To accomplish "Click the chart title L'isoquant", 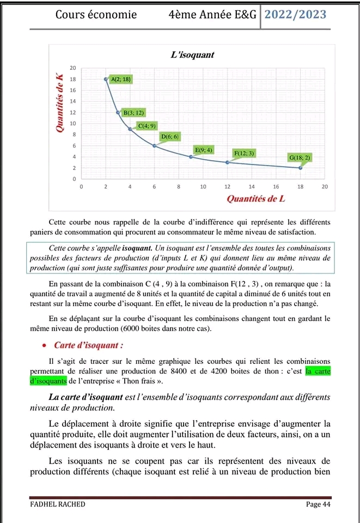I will click(192, 55).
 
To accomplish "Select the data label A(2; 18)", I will click(121, 79).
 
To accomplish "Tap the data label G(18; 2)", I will click(300, 157).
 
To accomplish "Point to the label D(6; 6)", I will click(170, 136).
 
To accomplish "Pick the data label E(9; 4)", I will click(204, 149).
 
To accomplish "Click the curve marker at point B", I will click(118, 113).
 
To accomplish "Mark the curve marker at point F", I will click(227, 162).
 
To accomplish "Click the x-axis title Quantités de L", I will click(255, 198).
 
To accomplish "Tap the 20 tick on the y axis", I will click(72, 68).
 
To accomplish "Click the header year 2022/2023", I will click(296, 15).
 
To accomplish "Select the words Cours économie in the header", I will click(96, 15).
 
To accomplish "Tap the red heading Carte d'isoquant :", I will click(88, 345).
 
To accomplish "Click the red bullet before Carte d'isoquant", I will click(43, 345).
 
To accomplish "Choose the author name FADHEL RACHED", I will click(57, 504).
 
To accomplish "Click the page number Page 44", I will click(319, 504).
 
